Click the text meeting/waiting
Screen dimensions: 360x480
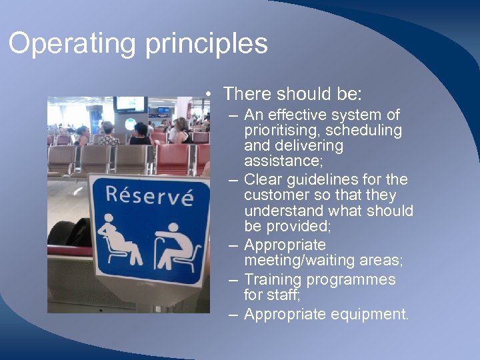coord(304,259)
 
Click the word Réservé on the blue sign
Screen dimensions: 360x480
coord(149,197)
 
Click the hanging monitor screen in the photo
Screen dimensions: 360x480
coord(130,104)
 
